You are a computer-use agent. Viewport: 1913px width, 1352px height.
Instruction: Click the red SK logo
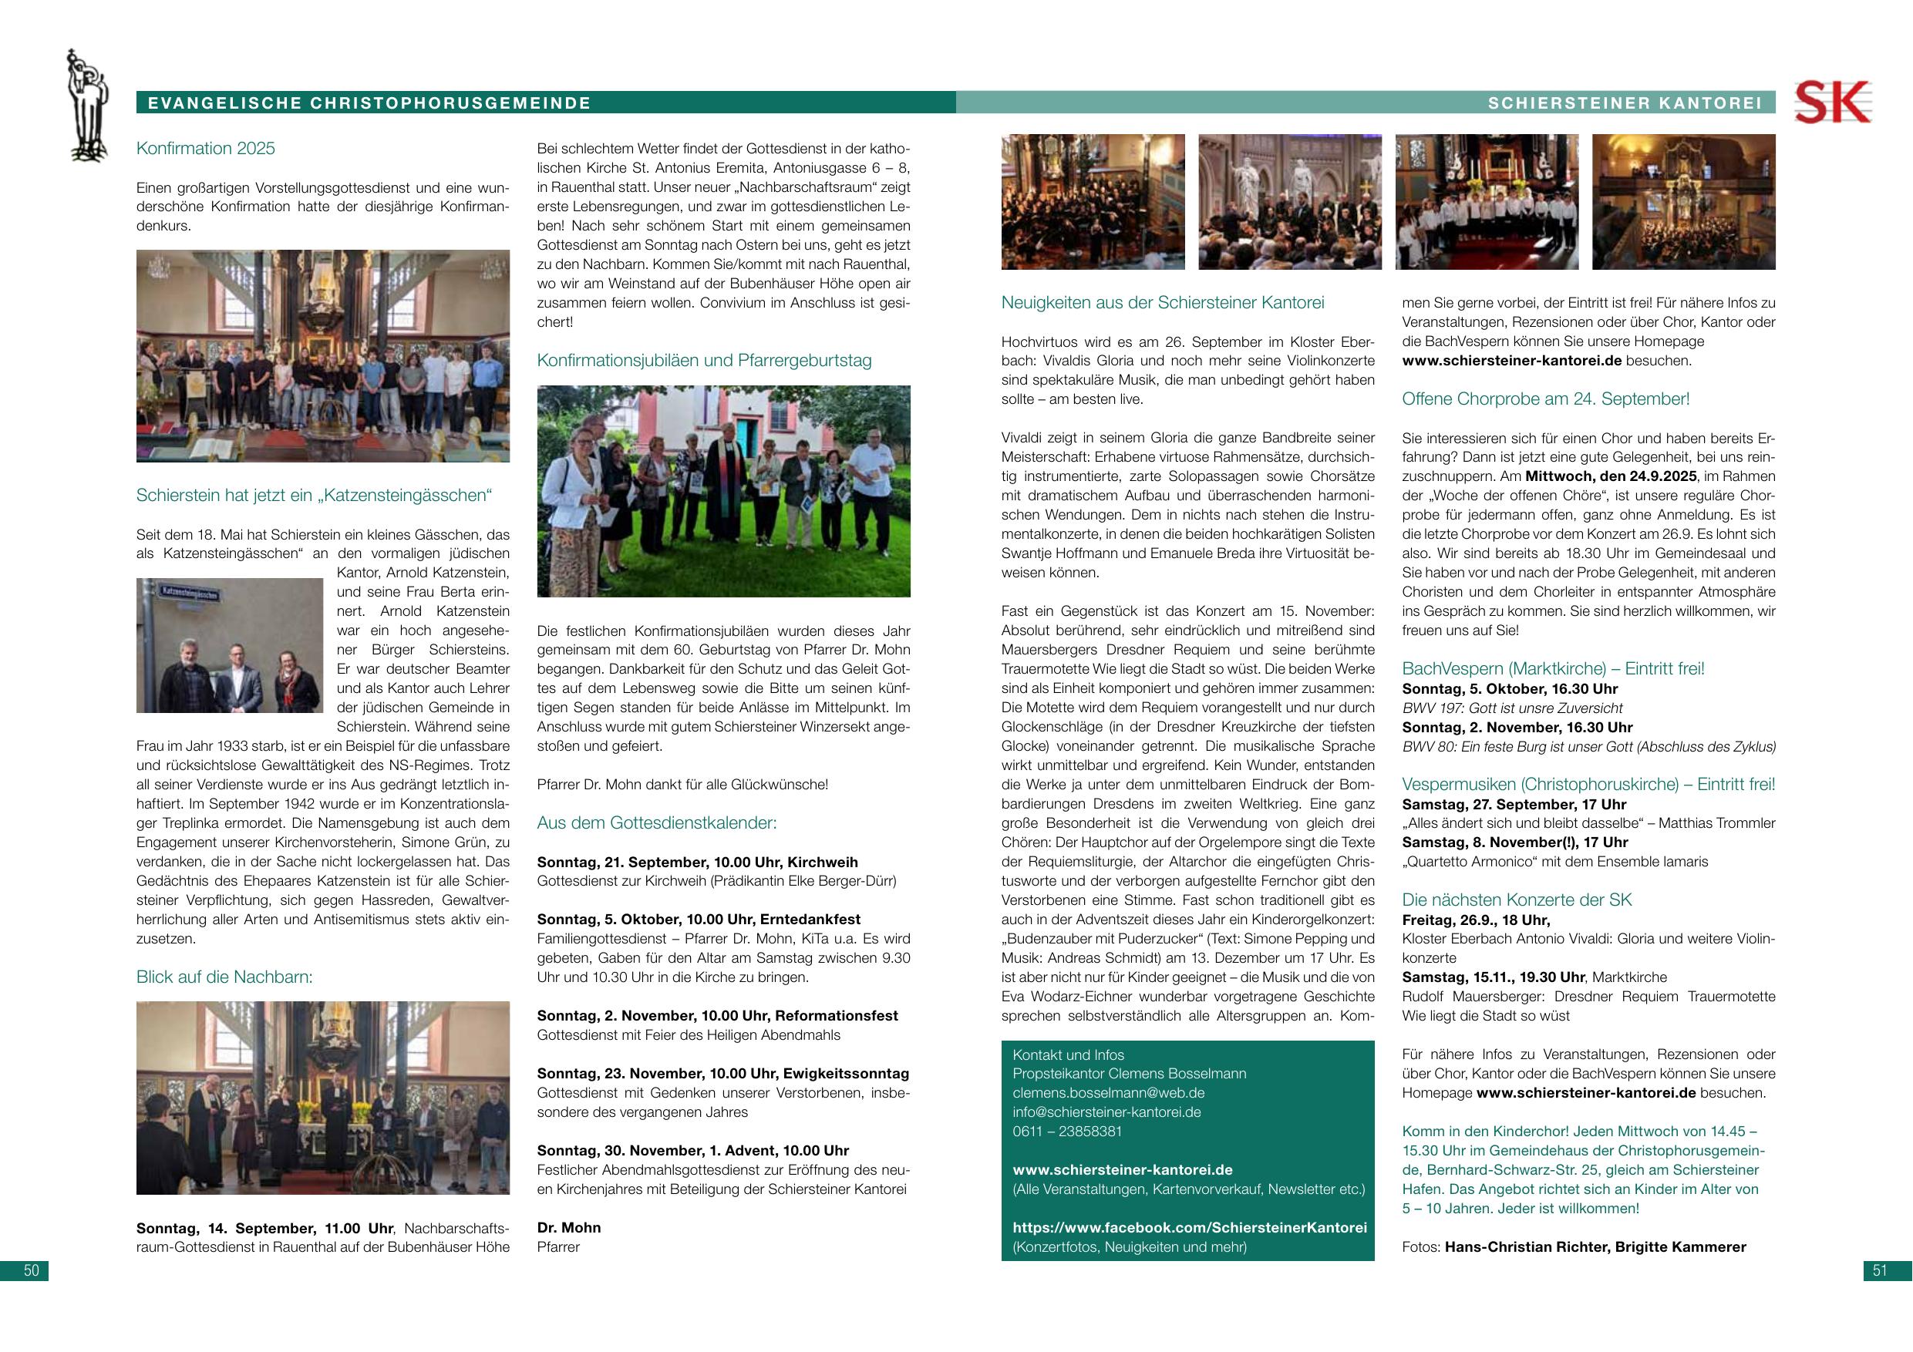tap(1831, 103)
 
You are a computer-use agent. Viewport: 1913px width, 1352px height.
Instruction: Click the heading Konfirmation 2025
tap(205, 148)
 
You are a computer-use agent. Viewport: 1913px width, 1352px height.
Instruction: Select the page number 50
tap(31, 1270)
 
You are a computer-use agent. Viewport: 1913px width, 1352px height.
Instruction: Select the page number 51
tap(1880, 1270)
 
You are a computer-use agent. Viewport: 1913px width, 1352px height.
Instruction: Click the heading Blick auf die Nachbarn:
tap(224, 977)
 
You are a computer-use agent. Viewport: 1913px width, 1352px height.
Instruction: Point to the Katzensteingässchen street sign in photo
tap(190, 594)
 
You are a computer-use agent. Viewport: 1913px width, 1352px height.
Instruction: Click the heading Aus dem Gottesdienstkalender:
tap(656, 823)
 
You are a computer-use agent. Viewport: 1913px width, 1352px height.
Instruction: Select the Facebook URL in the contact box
tap(1190, 1228)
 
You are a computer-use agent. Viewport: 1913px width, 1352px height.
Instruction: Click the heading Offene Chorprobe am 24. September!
tap(1545, 399)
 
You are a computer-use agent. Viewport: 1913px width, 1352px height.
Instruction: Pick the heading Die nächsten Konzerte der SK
tap(1517, 900)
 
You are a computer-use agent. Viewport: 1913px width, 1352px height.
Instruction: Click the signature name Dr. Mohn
tap(569, 1228)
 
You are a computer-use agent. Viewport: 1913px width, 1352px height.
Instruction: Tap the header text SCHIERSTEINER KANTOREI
tap(1625, 103)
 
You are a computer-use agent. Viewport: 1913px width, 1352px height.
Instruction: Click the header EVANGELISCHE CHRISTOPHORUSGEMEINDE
tap(369, 103)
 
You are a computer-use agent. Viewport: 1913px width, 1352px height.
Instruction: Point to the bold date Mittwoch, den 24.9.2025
tap(1611, 476)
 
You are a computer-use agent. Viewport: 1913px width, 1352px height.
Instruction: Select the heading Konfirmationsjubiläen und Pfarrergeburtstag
tap(704, 361)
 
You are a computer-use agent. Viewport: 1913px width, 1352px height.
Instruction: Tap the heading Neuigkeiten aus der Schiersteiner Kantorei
tap(1162, 302)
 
